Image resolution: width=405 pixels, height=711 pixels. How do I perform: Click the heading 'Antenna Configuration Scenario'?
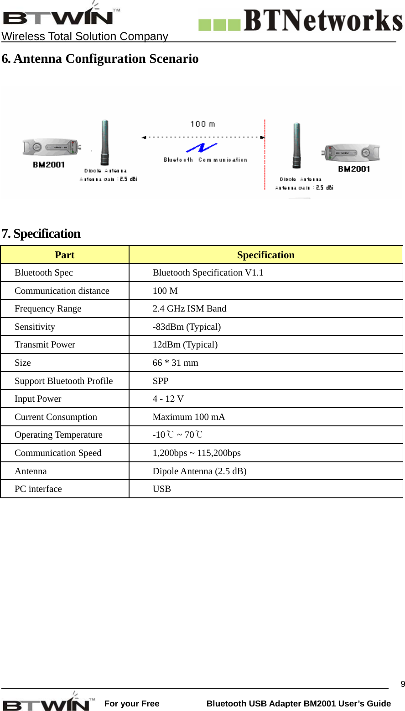[x=100, y=59]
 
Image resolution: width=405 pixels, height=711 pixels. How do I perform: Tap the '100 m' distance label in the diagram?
[x=202, y=124]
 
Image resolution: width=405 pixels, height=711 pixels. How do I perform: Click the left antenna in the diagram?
[x=105, y=142]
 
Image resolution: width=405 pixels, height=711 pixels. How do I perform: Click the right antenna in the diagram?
[x=296, y=145]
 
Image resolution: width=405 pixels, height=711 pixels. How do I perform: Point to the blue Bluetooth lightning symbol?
[x=202, y=148]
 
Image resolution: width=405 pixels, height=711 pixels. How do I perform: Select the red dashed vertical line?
[x=265, y=155]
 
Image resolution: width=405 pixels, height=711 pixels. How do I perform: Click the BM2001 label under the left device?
[x=49, y=164]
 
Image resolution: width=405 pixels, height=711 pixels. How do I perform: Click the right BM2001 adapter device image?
[x=351, y=153]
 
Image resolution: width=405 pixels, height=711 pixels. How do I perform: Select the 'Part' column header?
[x=64, y=255]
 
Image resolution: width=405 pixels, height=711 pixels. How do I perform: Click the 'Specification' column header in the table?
[x=265, y=255]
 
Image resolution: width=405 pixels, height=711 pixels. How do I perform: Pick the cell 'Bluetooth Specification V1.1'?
[x=208, y=273]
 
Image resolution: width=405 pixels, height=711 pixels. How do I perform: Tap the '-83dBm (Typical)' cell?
[x=187, y=327]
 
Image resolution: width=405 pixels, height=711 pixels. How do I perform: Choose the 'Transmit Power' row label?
[x=45, y=345]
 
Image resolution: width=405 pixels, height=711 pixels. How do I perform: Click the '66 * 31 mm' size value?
[x=175, y=363]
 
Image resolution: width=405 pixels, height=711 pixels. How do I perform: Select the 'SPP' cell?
[x=161, y=381]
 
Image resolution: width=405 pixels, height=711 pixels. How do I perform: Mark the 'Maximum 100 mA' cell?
[x=188, y=417]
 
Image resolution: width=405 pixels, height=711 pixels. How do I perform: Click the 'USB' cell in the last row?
[x=161, y=489]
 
